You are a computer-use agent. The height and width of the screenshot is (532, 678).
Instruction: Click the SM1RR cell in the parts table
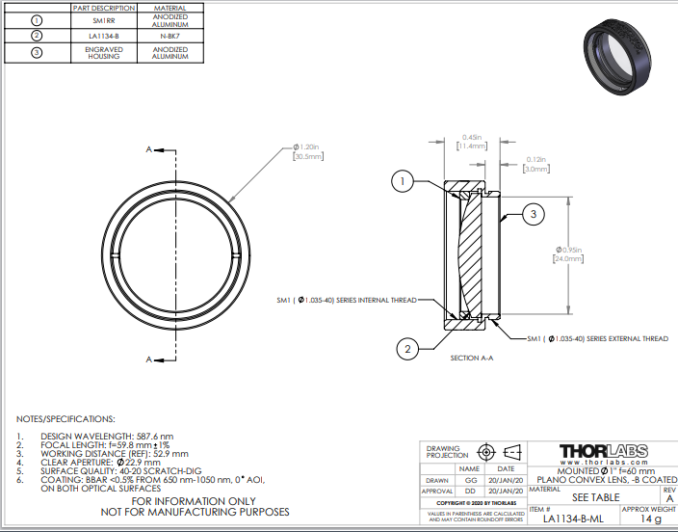(104, 20)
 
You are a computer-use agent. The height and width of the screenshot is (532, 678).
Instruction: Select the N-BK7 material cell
(170, 37)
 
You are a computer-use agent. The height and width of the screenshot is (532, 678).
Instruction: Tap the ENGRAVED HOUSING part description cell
(104, 53)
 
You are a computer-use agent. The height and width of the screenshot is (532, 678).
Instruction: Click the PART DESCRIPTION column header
(104, 8)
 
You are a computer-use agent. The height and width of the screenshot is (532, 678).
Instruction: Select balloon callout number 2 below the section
(408, 349)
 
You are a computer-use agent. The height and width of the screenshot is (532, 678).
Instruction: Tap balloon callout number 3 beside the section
(535, 213)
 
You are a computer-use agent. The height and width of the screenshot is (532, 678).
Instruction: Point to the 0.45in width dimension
(472, 137)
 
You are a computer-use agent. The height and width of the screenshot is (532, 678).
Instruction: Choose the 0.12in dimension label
(535, 159)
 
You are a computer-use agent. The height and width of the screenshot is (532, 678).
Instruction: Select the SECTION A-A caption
(472, 358)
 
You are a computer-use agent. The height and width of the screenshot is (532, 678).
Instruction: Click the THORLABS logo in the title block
(604, 451)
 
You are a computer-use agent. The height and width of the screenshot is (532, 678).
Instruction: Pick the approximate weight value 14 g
(651, 519)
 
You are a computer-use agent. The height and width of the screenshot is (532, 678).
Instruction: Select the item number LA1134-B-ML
(572, 519)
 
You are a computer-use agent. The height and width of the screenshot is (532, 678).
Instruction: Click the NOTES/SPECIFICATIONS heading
(65, 419)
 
